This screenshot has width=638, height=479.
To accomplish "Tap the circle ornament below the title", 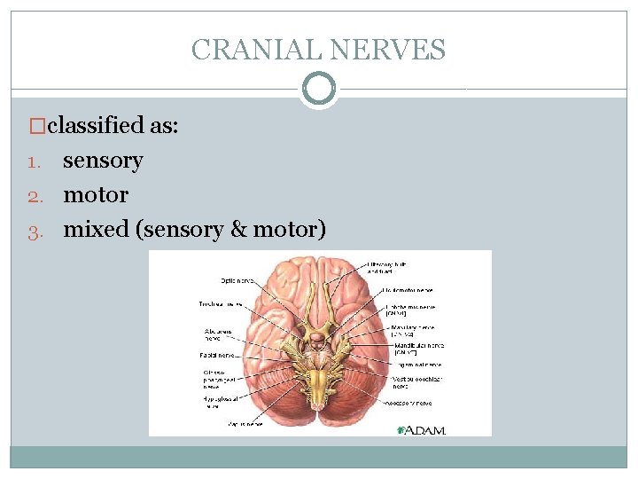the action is click(319, 89).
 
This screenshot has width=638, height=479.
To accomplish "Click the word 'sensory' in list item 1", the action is click(102, 161).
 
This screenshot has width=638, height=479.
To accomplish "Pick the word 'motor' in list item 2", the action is click(96, 194).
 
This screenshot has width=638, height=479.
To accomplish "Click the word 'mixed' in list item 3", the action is click(96, 230).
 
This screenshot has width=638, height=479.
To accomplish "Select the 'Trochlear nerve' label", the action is click(220, 303).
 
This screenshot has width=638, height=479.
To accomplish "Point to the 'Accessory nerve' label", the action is click(409, 401).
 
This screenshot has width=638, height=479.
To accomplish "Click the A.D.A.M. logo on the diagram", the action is click(421, 429).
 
